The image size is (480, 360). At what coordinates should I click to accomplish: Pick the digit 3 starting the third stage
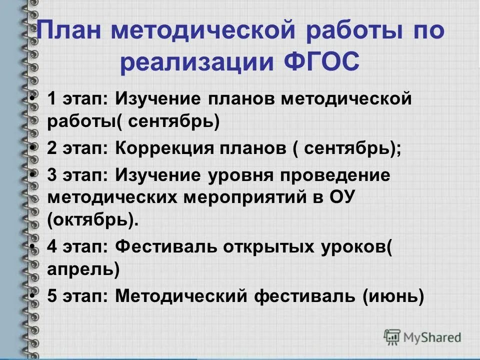[x=52, y=175]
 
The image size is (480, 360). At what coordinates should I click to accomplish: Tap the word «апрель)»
[x=83, y=269]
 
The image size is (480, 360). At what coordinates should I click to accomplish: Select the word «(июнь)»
[x=392, y=296]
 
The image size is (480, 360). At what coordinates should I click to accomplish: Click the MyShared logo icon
[x=392, y=336]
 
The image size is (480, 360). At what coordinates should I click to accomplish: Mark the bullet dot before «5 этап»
[x=33, y=295]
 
